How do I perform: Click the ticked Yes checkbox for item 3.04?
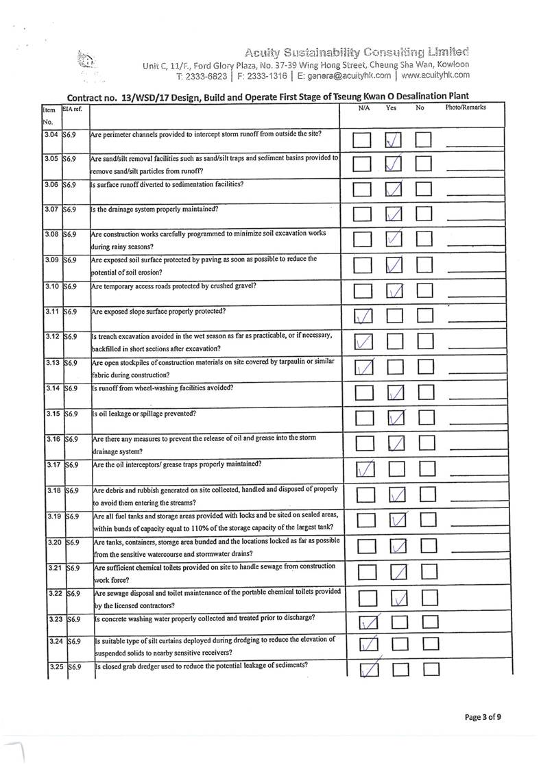tap(393, 140)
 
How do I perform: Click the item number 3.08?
tap(51, 234)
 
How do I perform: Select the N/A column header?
tap(364, 108)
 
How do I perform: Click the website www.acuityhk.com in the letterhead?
tap(435, 75)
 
